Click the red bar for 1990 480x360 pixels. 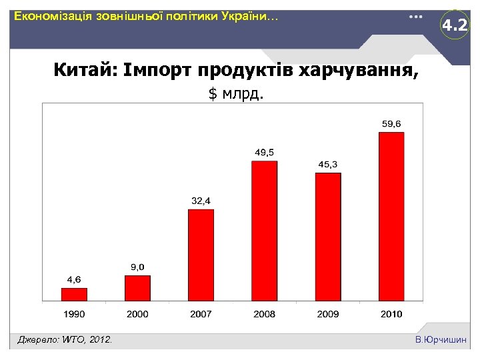click(x=74, y=295)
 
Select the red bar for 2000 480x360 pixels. click(x=137, y=288)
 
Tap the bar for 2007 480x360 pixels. click(x=201, y=255)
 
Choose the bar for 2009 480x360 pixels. click(x=327, y=237)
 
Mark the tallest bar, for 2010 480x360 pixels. click(x=391, y=217)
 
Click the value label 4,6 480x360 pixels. click(x=73, y=279)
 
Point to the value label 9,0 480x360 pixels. click(x=137, y=267)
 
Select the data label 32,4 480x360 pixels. click(x=201, y=201)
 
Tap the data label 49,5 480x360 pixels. click(x=264, y=153)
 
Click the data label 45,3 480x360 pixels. click(x=327, y=164)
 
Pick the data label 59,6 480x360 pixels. click(x=391, y=123)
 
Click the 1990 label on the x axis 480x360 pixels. click(x=74, y=313)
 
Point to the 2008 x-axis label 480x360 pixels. click(x=264, y=313)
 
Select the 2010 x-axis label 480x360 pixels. click(x=391, y=313)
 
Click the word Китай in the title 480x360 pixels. click(x=84, y=69)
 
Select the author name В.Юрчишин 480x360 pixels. click(x=440, y=341)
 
